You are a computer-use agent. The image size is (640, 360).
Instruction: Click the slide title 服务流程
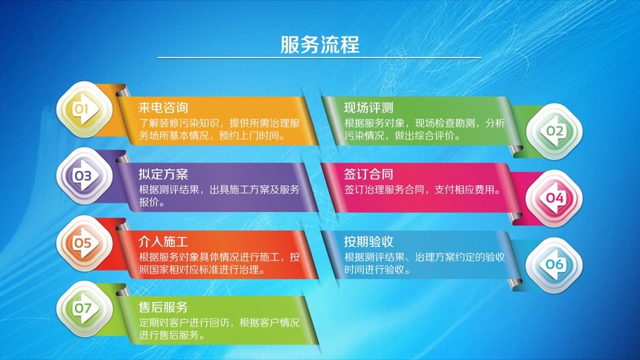(x=319, y=44)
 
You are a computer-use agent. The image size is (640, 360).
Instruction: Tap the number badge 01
(x=84, y=109)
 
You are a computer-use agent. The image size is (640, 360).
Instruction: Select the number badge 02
(x=554, y=132)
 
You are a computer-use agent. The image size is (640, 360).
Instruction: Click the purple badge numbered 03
(x=84, y=176)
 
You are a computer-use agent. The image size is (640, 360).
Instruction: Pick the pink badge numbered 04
(x=554, y=199)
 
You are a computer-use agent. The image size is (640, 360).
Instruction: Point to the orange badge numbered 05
(x=84, y=243)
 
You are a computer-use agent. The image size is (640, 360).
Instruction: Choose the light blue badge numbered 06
(x=554, y=265)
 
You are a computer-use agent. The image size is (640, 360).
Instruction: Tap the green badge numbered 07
(x=84, y=308)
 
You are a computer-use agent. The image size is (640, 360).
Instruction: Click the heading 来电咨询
(x=163, y=107)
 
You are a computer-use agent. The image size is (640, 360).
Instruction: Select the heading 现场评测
(x=368, y=107)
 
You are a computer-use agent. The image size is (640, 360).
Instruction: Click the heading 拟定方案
(x=163, y=174)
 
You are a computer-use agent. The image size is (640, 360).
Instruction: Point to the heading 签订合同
(x=368, y=174)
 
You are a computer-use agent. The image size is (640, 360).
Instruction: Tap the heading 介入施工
(x=163, y=242)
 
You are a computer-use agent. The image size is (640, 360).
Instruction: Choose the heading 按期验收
(x=368, y=242)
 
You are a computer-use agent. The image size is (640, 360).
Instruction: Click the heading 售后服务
(x=163, y=307)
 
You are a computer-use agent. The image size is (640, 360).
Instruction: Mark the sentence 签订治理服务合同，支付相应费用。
(x=423, y=190)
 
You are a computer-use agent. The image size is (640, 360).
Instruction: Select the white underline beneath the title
(x=319, y=57)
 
